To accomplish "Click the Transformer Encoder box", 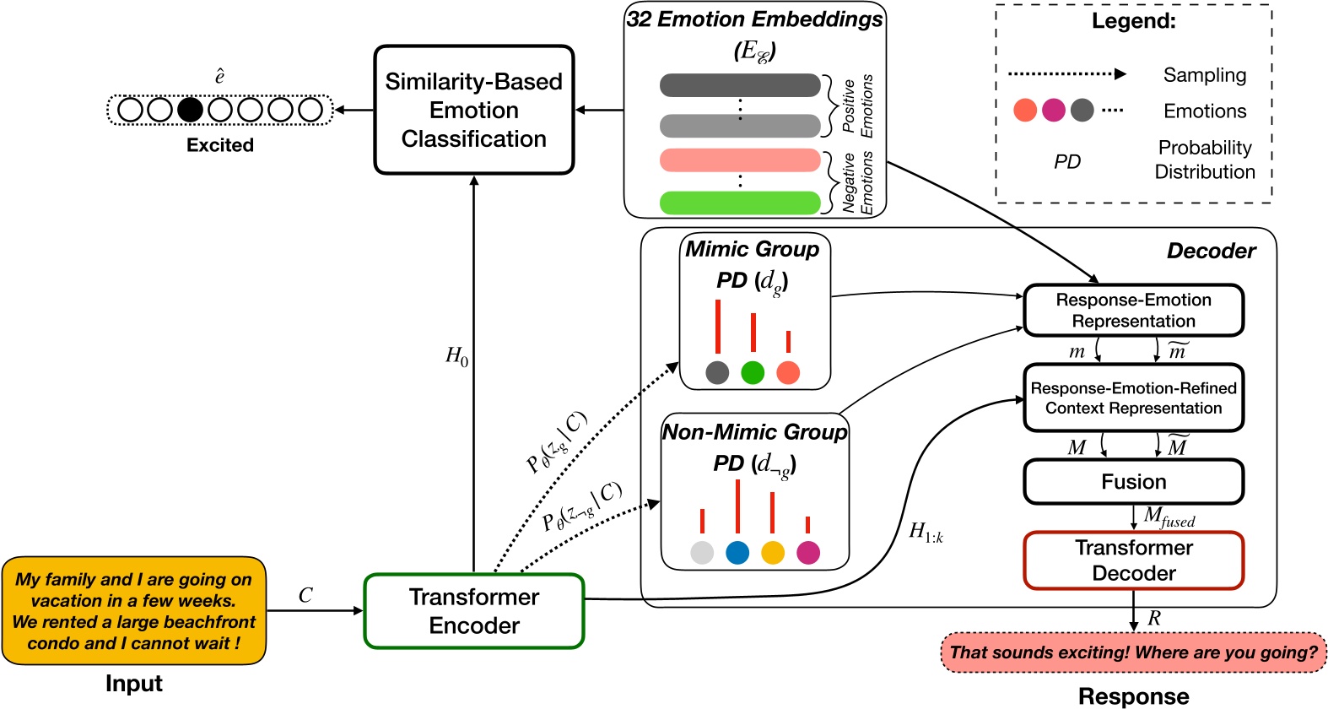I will click(x=473, y=611).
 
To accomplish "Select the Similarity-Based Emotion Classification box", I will click(x=473, y=110).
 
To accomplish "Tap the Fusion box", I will click(x=1133, y=482).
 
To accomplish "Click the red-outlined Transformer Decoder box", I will click(x=1133, y=560).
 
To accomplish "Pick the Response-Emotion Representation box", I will click(x=1133, y=311).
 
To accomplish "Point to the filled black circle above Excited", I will click(x=190, y=110).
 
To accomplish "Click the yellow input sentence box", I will click(x=133, y=611).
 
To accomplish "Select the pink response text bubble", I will click(x=1133, y=652).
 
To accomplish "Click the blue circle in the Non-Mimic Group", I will click(x=737, y=553).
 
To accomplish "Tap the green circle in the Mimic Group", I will click(x=753, y=372).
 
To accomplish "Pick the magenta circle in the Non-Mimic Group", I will click(x=808, y=553).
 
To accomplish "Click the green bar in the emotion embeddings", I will click(x=740, y=203).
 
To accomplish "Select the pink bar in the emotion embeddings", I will click(x=740, y=160).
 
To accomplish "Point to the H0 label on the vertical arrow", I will click(x=456, y=356).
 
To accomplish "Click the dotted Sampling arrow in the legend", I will click(x=1066, y=74).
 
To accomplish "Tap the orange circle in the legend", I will click(x=1025, y=110).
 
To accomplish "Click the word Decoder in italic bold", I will click(x=1211, y=251).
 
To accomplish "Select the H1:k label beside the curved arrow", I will click(x=926, y=532).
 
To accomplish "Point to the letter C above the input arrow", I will click(x=305, y=595).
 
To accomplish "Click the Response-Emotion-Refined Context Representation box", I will click(x=1133, y=398).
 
